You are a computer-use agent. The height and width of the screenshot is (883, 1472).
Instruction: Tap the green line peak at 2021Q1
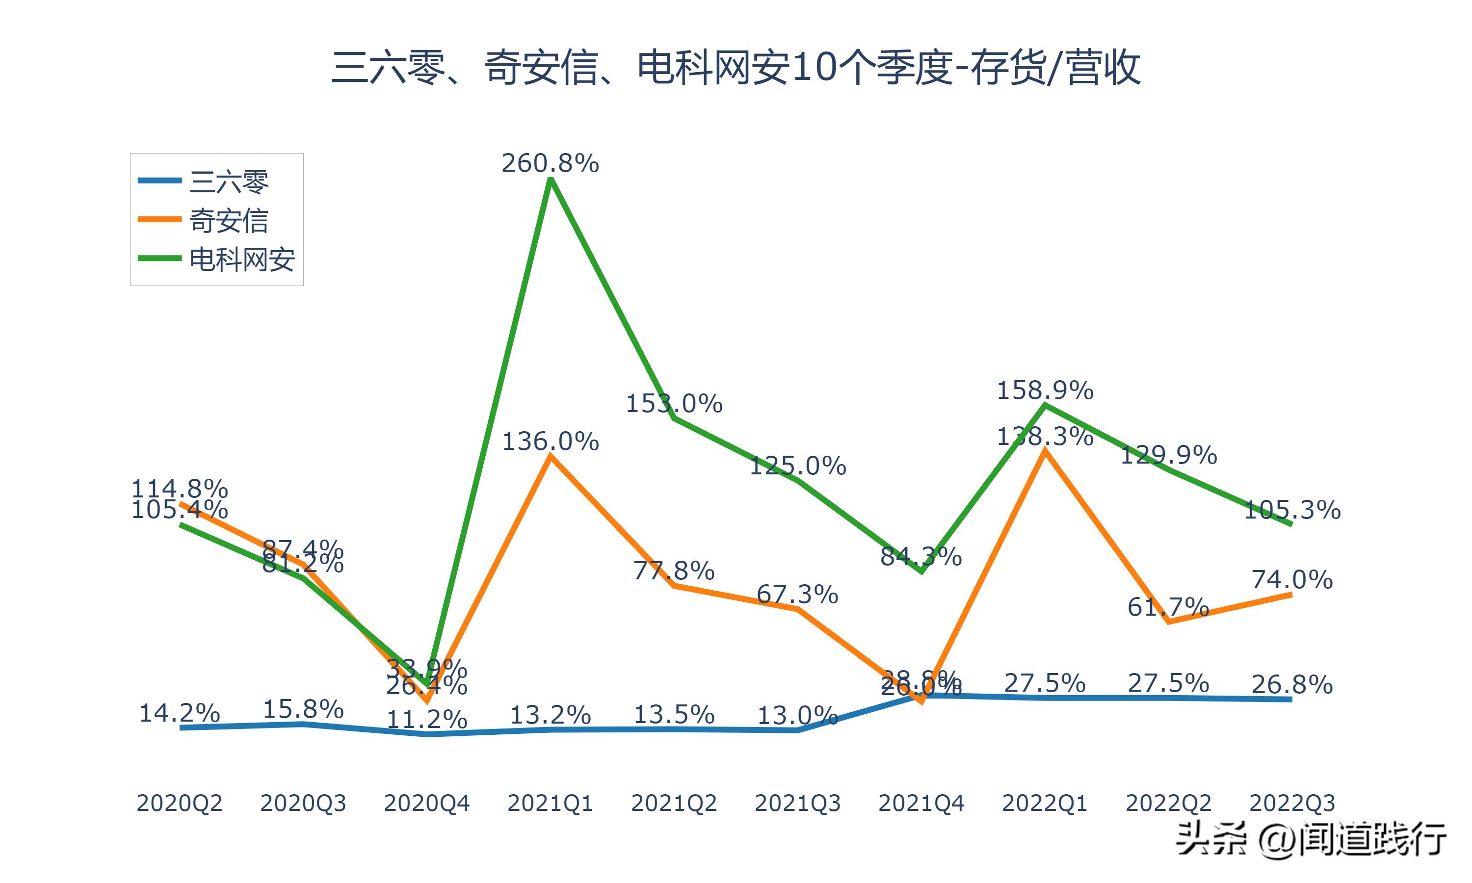click(x=551, y=180)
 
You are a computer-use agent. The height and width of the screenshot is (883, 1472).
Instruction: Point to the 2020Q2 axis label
click(x=179, y=803)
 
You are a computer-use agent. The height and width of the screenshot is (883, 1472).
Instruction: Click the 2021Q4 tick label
click(x=921, y=803)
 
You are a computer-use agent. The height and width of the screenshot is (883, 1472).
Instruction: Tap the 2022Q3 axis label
click(x=1292, y=803)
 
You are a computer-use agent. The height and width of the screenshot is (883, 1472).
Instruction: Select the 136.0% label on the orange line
click(x=551, y=441)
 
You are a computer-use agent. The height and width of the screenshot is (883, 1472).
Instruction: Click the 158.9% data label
click(x=1045, y=391)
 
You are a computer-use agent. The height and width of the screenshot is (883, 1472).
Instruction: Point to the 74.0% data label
click(x=1292, y=579)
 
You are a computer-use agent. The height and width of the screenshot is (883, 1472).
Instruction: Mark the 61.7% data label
click(x=1168, y=607)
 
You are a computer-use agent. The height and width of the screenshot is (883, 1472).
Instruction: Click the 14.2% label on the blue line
click(x=179, y=713)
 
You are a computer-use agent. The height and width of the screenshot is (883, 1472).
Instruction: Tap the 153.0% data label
click(x=674, y=404)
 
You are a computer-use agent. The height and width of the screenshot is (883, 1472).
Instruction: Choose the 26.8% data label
click(x=1292, y=685)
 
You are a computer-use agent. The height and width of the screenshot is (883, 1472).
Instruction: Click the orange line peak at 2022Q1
click(x=1045, y=451)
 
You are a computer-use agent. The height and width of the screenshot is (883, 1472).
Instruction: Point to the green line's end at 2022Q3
click(x=1290, y=523)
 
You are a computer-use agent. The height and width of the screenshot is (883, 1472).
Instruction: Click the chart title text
click(x=736, y=68)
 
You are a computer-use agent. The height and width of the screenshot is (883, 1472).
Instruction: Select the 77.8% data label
click(x=674, y=571)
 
